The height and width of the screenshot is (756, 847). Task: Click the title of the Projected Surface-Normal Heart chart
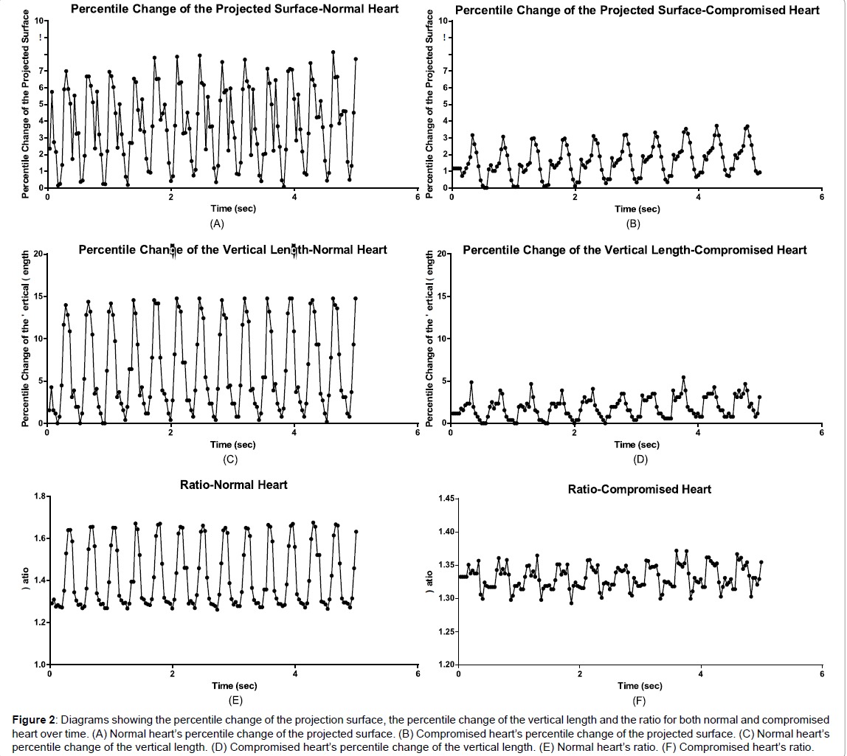point(235,9)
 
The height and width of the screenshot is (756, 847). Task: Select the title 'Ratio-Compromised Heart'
point(640,489)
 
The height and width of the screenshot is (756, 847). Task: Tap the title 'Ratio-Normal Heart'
point(234,485)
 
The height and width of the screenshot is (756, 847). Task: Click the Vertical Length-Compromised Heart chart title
point(635,250)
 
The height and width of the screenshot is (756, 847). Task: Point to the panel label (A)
point(216,223)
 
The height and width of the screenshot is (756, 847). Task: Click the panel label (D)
point(640,460)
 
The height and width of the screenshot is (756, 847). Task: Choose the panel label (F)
point(640,701)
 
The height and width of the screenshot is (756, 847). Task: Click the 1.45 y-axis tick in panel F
point(446,499)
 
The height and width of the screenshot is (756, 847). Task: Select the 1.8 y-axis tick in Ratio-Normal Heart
point(38,496)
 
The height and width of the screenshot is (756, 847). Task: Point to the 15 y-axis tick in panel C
point(38,296)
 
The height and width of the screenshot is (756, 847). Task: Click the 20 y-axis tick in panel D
point(441,254)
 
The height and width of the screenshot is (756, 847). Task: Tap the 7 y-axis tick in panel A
point(42,71)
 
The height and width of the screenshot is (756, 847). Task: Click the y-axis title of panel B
point(430,103)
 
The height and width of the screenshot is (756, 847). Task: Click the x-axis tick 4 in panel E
point(295,675)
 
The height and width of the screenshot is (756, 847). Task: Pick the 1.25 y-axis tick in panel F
point(446,632)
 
